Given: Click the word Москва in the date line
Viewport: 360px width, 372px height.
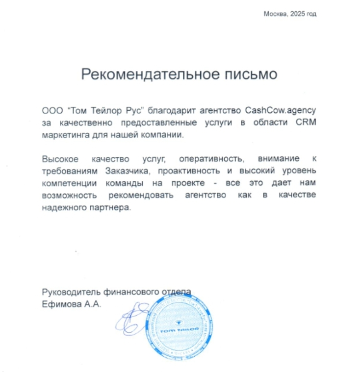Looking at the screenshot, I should coord(274,14).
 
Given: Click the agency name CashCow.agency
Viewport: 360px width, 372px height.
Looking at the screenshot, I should coord(281,110).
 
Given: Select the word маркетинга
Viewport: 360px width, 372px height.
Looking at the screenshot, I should coord(63,135).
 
